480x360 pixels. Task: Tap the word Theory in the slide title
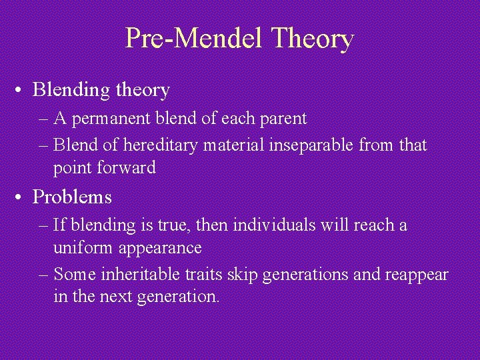[312, 39]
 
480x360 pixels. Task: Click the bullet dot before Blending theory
[22, 89]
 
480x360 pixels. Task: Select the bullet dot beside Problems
[22, 197]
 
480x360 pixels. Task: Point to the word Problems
[72, 197]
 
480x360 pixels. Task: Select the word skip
[235, 274]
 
